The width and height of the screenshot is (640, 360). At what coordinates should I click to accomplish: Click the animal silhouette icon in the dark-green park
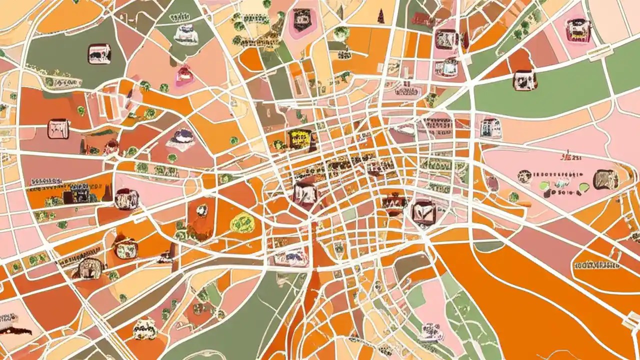(x=99, y=54)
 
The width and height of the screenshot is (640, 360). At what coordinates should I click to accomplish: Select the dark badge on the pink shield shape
(x=301, y=20)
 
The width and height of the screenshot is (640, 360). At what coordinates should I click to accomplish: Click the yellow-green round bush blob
(x=242, y=222)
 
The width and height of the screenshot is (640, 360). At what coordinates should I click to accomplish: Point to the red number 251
(x=574, y=158)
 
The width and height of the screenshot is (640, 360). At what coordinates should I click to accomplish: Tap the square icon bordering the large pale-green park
(x=524, y=80)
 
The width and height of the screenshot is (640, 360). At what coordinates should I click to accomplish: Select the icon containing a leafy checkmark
(x=423, y=210)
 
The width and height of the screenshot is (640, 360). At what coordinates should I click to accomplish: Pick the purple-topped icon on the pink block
(x=180, y=137)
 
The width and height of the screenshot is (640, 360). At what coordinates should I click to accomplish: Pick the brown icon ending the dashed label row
(x=605, y=179)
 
